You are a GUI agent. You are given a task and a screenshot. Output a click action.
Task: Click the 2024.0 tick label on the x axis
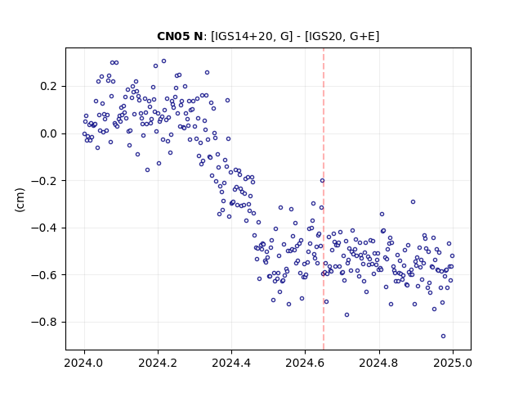tap(84, 363)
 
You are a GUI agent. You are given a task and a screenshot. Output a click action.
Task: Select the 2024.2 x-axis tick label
tap(158, 363)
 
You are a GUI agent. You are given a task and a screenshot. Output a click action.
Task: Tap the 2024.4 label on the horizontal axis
tap(231, 363)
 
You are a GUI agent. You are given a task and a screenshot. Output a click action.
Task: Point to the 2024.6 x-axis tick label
tap(305, 363)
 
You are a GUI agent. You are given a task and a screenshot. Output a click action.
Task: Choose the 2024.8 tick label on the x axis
tap(378, 363)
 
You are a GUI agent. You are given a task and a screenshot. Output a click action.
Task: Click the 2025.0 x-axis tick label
tap(453, 363)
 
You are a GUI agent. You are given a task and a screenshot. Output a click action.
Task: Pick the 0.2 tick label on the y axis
tap(50, 87)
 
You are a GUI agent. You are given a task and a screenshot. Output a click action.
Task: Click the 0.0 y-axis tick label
tap(50, 133)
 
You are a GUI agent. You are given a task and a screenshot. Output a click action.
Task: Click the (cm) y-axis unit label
tap(20, 200)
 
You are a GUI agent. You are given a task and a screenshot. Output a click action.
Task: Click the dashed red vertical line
tap(324, 199)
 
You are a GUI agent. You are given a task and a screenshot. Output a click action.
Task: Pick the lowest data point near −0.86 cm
tap(443, 337)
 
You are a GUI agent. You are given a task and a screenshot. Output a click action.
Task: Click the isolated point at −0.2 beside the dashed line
tap(322, 181)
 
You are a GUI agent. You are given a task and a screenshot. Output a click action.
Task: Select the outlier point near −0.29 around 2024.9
tap(413, 202)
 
